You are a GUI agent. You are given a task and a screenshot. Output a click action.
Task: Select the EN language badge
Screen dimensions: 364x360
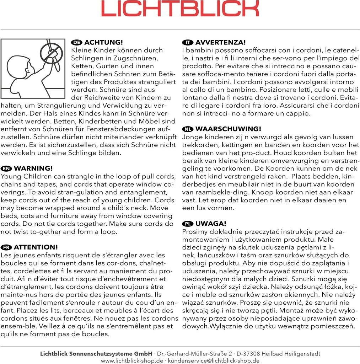(6, 168)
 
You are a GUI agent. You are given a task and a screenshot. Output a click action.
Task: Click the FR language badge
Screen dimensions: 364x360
(6, 247)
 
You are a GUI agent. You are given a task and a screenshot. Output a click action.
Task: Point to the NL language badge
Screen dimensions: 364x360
(187, 129)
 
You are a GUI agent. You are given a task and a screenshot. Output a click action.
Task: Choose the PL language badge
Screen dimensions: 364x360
(187, 224)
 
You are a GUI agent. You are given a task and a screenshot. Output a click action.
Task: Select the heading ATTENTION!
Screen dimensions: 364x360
(36, 247)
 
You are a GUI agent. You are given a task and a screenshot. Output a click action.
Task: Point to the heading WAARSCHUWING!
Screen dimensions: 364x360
(228, 129)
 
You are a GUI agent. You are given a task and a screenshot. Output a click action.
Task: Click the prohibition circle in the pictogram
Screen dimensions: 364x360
(51, 51)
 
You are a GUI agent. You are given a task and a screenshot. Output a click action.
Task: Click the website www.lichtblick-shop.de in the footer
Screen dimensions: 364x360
(132, 360)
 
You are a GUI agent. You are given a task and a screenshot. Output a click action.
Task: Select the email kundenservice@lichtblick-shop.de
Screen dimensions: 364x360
(213, 360)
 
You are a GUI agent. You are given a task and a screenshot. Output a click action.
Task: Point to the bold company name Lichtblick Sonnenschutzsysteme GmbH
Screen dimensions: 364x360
(96, 354)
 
